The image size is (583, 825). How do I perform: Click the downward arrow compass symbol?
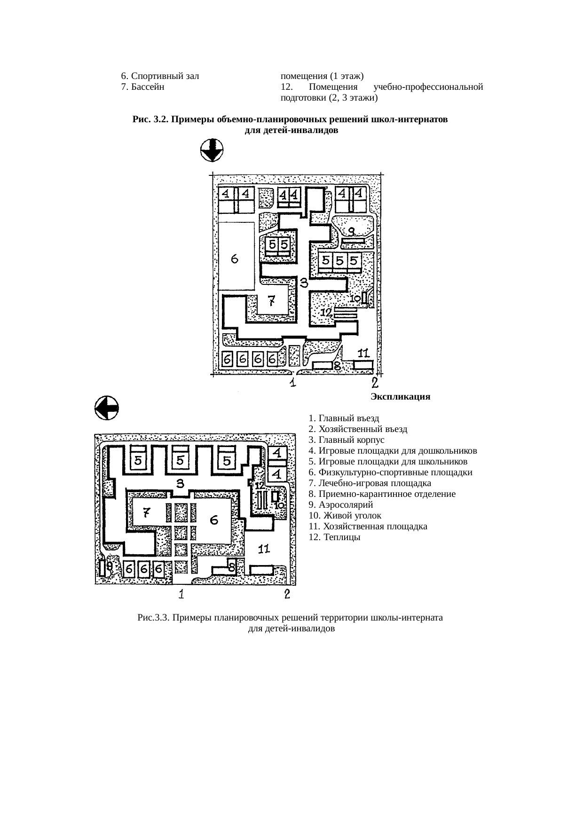coord(212,150)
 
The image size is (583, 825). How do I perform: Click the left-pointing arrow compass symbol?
coord(107,408)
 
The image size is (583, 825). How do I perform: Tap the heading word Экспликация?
coord(400,397)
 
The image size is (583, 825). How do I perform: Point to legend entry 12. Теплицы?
coord(335,537)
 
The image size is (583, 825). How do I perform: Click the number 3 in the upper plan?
coord(304,283)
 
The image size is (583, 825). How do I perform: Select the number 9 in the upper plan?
coord(351,230)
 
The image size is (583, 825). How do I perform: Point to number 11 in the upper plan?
coord(363,353)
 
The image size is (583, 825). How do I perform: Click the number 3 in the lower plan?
coord(180,484)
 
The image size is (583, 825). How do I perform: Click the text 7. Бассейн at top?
coord(142,87)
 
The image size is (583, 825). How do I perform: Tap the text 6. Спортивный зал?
coord(160,76)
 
